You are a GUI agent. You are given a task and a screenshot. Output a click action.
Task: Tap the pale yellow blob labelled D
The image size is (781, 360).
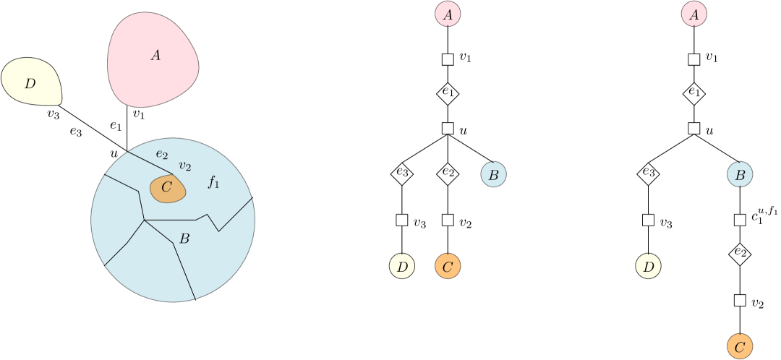click(31, 83)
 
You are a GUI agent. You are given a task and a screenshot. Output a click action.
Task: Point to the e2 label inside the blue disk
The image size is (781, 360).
click(162, 153)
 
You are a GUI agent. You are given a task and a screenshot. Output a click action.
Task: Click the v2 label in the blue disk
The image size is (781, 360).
click(184, 166)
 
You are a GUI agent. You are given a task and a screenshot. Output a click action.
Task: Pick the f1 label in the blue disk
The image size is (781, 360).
click(213, 182)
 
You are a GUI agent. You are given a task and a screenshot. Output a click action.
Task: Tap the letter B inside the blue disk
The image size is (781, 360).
click(184, 238)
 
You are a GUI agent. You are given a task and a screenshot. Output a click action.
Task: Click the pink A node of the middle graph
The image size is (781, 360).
click(448, 13)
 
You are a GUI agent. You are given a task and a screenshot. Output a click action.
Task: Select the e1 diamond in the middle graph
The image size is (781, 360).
click(448, 93)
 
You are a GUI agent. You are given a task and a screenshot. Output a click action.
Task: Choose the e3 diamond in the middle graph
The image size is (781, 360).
click(402, 173)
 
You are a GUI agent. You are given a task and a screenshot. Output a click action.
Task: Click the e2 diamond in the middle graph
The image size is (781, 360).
click(448, 173)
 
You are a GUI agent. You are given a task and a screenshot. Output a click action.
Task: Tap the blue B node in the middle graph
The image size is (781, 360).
click(493, 174)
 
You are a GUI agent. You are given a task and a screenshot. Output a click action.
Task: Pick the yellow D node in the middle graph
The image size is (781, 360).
click(402, 267)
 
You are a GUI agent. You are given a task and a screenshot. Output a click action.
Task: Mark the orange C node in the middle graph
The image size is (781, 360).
click(448, 267)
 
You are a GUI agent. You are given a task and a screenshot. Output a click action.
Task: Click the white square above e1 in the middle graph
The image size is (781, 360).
click(448, 59)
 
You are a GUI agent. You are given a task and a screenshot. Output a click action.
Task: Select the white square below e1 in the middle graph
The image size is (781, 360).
click(448, 129)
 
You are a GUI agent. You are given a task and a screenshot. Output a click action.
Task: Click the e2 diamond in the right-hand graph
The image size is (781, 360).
click(739, 254)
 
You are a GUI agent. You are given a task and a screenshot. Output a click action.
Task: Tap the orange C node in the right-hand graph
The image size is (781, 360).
click(739, 347)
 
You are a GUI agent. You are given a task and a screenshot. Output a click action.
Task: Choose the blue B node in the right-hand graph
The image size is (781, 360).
click(740, 174)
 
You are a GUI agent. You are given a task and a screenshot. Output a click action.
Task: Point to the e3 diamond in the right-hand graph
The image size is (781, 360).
click(648, 173)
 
